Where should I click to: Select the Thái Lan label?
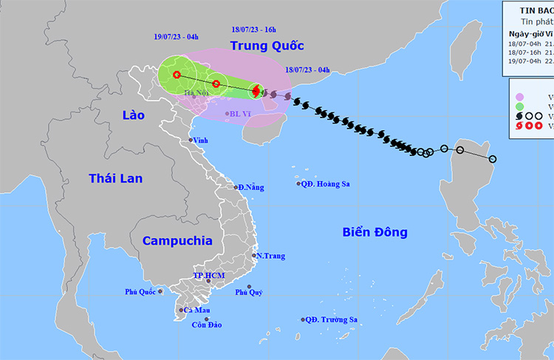tap(115, 178)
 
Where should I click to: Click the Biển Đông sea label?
tap(375, 232)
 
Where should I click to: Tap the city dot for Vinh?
tap(191, 140)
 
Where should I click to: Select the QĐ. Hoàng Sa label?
tap(326, 183)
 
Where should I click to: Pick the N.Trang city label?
tap(270, 256)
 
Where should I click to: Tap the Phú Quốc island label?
tap(140, 292)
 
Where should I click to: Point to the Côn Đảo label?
tap(206, 325)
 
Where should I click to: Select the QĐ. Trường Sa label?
tap(332, 319)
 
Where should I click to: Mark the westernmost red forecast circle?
tap(177, 74)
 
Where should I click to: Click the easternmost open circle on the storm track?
tap(493, 159)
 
